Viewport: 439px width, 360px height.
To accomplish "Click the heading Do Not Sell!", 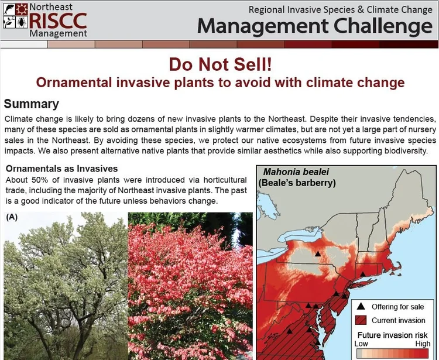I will [x=220, y=64].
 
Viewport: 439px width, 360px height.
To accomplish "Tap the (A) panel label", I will [x=12, y=216].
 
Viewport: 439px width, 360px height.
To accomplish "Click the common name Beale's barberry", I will [x=297, y=183].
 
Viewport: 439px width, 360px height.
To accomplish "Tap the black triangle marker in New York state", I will [x=317, y=254].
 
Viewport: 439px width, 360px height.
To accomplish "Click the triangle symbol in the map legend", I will [x=361, y=306].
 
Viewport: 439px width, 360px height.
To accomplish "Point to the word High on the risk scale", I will [x=422, y=344].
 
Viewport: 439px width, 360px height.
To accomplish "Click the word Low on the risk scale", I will [x=362, y=344].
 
